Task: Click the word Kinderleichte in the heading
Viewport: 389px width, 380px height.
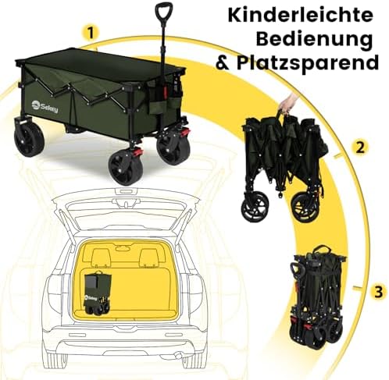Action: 300,16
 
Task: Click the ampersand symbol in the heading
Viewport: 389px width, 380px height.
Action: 223,62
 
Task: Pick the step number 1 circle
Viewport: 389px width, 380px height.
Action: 90,34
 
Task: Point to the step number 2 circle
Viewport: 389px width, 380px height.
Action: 361,147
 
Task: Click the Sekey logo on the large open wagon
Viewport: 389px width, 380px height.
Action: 45,107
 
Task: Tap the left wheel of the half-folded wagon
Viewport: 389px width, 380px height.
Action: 255,208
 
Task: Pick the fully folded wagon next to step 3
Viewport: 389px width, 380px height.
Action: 318,297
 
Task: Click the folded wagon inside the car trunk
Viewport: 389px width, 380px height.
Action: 97,293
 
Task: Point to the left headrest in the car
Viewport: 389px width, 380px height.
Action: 101,257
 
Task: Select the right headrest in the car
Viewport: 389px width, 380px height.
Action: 149,258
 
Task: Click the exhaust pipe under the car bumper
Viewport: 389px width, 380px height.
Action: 179,355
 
